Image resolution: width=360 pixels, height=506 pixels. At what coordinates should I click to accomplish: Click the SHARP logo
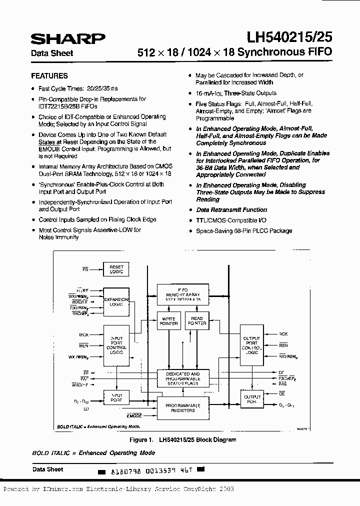[68, 39]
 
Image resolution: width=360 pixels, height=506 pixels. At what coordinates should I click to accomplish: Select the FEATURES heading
[49, 76]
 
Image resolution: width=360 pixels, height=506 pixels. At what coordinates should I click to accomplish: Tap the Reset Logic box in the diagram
[116, 269]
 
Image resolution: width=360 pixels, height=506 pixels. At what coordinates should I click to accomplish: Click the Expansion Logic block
[116, 301]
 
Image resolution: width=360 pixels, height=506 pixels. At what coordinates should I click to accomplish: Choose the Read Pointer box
[197, 320]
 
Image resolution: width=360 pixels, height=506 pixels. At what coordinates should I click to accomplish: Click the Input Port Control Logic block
[116, 344]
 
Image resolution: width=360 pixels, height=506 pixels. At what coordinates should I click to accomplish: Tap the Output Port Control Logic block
[252, 345]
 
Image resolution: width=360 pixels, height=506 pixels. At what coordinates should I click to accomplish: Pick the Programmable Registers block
[182, 407]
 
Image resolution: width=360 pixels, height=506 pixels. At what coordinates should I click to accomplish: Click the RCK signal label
[283, 334]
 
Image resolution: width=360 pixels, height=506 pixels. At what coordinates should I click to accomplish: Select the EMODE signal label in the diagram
[134, 415]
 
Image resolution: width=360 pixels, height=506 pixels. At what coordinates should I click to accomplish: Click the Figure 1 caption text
[182, 440]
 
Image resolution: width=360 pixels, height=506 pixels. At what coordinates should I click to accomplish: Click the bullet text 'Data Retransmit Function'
[231, 210]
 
